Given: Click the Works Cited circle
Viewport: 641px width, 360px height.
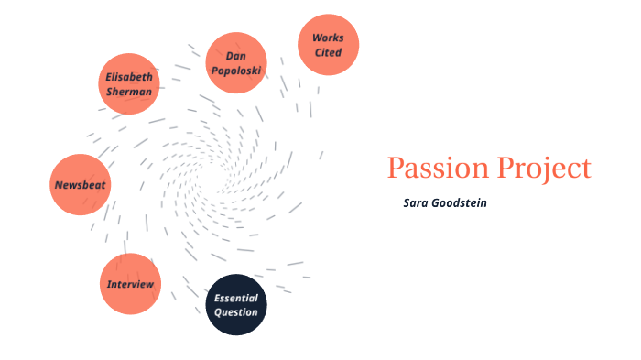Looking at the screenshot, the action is coord(328,45).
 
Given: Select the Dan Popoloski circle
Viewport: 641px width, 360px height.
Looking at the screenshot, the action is coord(235,63).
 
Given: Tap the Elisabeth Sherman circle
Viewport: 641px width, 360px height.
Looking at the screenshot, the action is coord(129,83).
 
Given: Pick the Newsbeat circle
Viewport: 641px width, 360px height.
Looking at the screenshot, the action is coord(80,185).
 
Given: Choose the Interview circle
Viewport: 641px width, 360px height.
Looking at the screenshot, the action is coord(130,284).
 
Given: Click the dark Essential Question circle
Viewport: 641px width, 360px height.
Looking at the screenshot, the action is coord(235,305).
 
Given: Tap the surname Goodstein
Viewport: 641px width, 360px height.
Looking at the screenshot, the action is coord(459,202).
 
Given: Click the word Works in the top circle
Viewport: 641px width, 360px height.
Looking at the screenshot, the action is coord(328,38).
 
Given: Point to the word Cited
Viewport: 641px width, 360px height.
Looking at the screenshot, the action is coord(328,52).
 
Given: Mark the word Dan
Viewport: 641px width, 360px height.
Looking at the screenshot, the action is coord(235,56).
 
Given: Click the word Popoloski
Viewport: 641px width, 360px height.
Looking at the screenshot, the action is coord(235,71).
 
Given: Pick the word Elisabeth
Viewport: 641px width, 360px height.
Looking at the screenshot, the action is coord(129,76).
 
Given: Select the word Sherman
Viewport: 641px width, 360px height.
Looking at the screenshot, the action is coord(129,91).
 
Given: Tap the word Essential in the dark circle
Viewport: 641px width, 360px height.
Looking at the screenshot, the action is coord(235,298).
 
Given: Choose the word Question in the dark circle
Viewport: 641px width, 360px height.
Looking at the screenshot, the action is coord(235,312).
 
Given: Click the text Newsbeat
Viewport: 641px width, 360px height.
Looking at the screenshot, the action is coord(80,185).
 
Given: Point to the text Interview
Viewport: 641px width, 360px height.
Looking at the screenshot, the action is coord(130,284).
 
